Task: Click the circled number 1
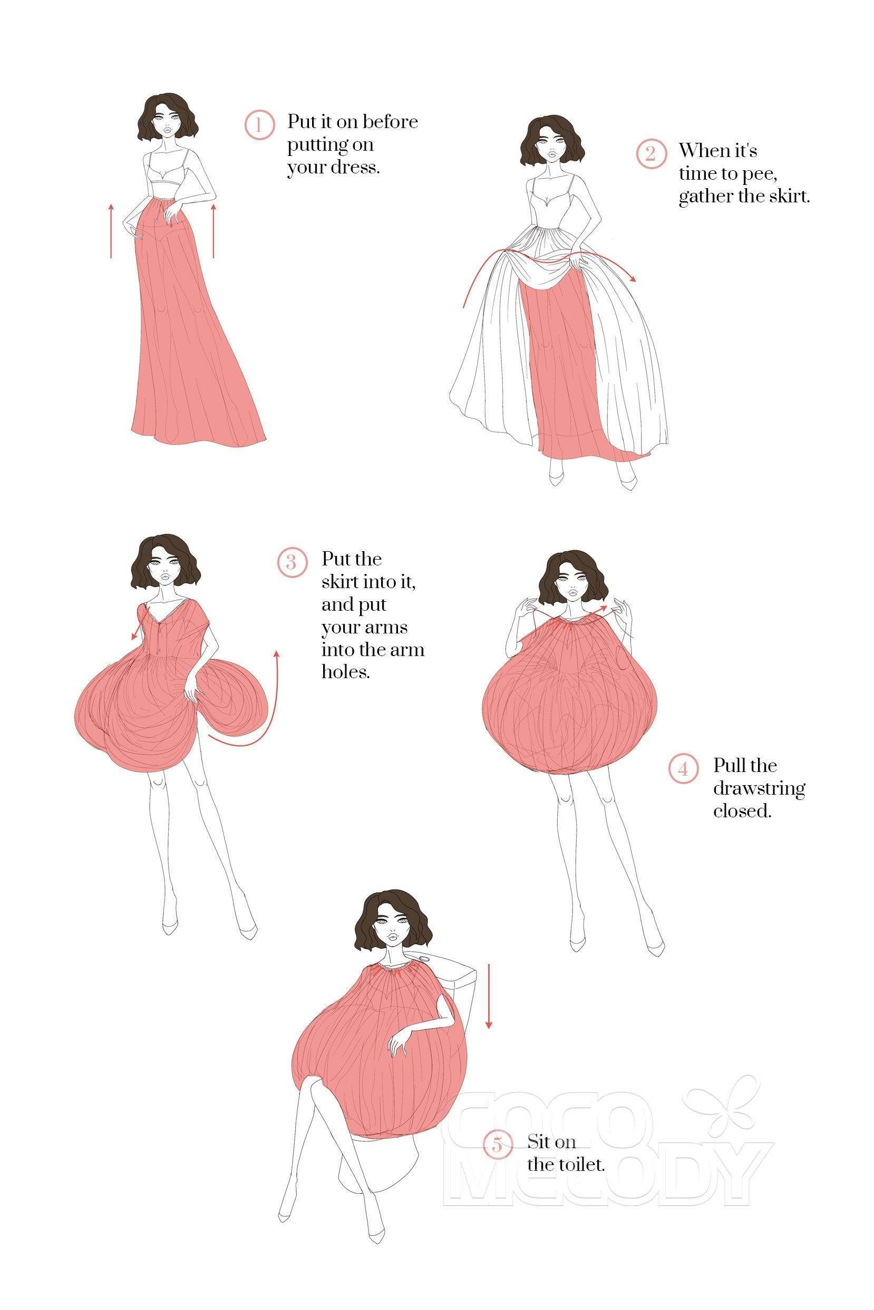(259, 125)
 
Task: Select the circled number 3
(292, 562)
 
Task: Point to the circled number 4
(683, 769)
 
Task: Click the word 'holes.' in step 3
(346, 672)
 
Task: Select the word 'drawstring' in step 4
(759, 789)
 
